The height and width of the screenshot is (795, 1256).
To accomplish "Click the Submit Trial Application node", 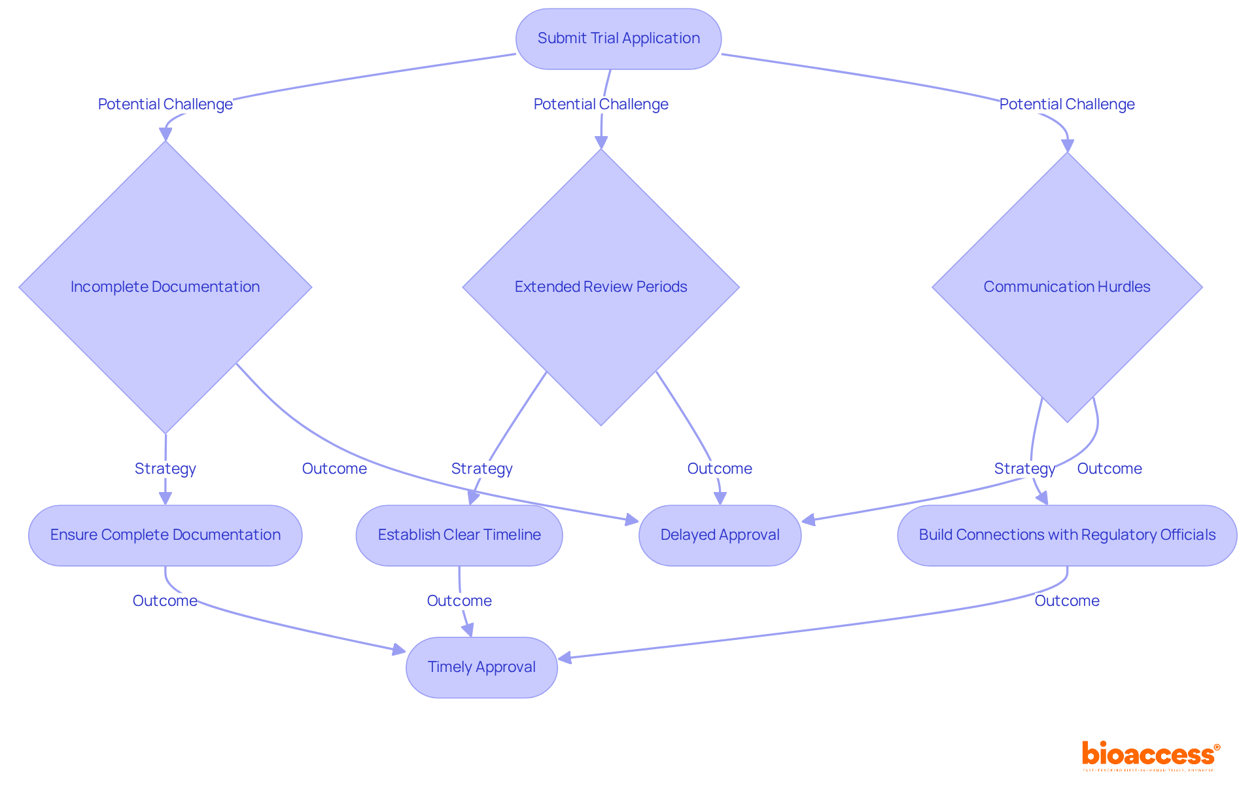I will (x=618, y=39).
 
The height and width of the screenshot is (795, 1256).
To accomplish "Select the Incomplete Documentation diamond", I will (x=165, y=287).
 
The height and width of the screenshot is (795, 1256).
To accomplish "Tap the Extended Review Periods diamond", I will (x=601, y=287).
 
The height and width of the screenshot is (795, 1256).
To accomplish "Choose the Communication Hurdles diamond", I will (x=1066, y=287).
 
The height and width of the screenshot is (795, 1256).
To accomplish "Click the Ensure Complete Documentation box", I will (x=165, y=535).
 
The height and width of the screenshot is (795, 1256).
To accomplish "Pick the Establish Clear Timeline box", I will (x=459, y=535).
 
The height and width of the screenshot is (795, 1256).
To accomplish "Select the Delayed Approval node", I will (x=720, y=535).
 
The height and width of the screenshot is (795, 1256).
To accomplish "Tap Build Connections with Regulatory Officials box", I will (x=1066, y=535).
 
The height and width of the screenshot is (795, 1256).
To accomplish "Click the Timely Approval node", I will (x=481, y=667).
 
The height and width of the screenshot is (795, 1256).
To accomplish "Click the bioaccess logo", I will (x=1150, y=755).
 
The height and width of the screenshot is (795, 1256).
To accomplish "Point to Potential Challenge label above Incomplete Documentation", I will (x=165, y=104).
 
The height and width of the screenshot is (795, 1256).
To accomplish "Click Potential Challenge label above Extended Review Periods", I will (x=601, y=104).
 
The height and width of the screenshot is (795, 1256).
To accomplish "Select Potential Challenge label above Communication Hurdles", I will (x=1066, y=104).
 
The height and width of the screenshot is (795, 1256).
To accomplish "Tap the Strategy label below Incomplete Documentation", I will (x=165, y=468).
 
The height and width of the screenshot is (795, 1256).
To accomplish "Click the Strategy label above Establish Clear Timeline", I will (x=481, y=468).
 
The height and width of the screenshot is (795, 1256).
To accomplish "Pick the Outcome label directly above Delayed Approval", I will (x=720, y=468).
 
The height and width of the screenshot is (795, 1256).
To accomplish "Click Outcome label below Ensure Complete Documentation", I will (x=165, y=601).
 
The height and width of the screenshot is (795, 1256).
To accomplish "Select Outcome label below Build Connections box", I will (x=1066, y=601).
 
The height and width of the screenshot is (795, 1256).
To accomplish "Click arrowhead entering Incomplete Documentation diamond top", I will (x=166, y=134).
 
